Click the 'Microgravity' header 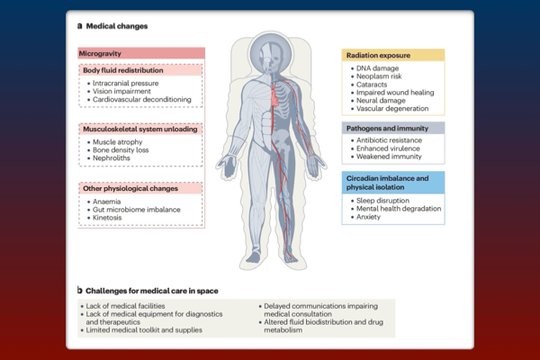point(100,53)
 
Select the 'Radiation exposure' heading point(378,55)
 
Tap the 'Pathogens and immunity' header point(387,128)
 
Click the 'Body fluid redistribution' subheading point(123,70)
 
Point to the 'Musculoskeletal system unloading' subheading point(139,130)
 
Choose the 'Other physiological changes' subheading point(130,188)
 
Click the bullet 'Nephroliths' point(112,158)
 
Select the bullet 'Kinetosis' point(107,218)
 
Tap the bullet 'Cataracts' point(372,85)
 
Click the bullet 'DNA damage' point(377,68)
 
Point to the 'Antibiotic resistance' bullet point(389,140)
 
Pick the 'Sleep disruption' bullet point(382,201)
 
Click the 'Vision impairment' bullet point(121,91)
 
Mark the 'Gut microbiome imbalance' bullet point(137,210)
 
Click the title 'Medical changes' point(117,26)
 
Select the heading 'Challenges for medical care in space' point(151,291)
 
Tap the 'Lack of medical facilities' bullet point(125,306)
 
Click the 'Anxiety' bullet point(368,217)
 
